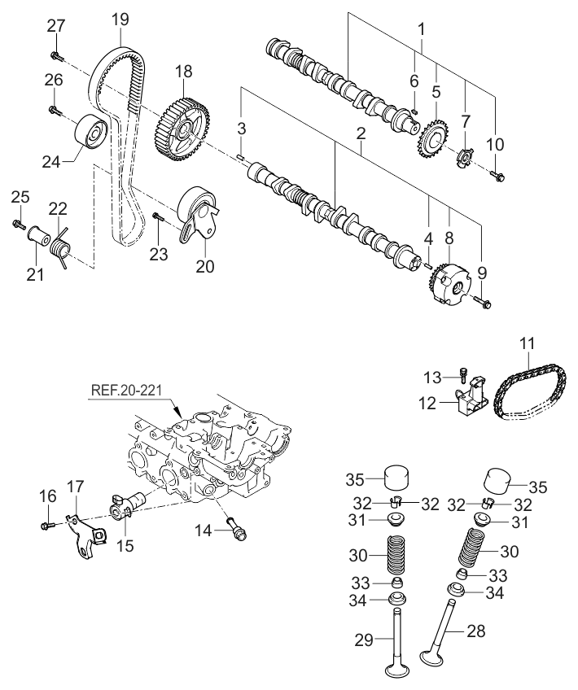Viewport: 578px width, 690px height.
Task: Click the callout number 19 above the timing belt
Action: pyautogui.click(x=120, y=16)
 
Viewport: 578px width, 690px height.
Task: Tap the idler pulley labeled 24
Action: pyautogui.click(x=90, y=133)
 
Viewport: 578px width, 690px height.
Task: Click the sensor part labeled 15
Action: pyautogui.click(x=126, y=504)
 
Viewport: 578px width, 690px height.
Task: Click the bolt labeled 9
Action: pyautogui.click(x=484, y=304)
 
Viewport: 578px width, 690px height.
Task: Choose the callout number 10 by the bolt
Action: pyautogui.click(x=495, y=144)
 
